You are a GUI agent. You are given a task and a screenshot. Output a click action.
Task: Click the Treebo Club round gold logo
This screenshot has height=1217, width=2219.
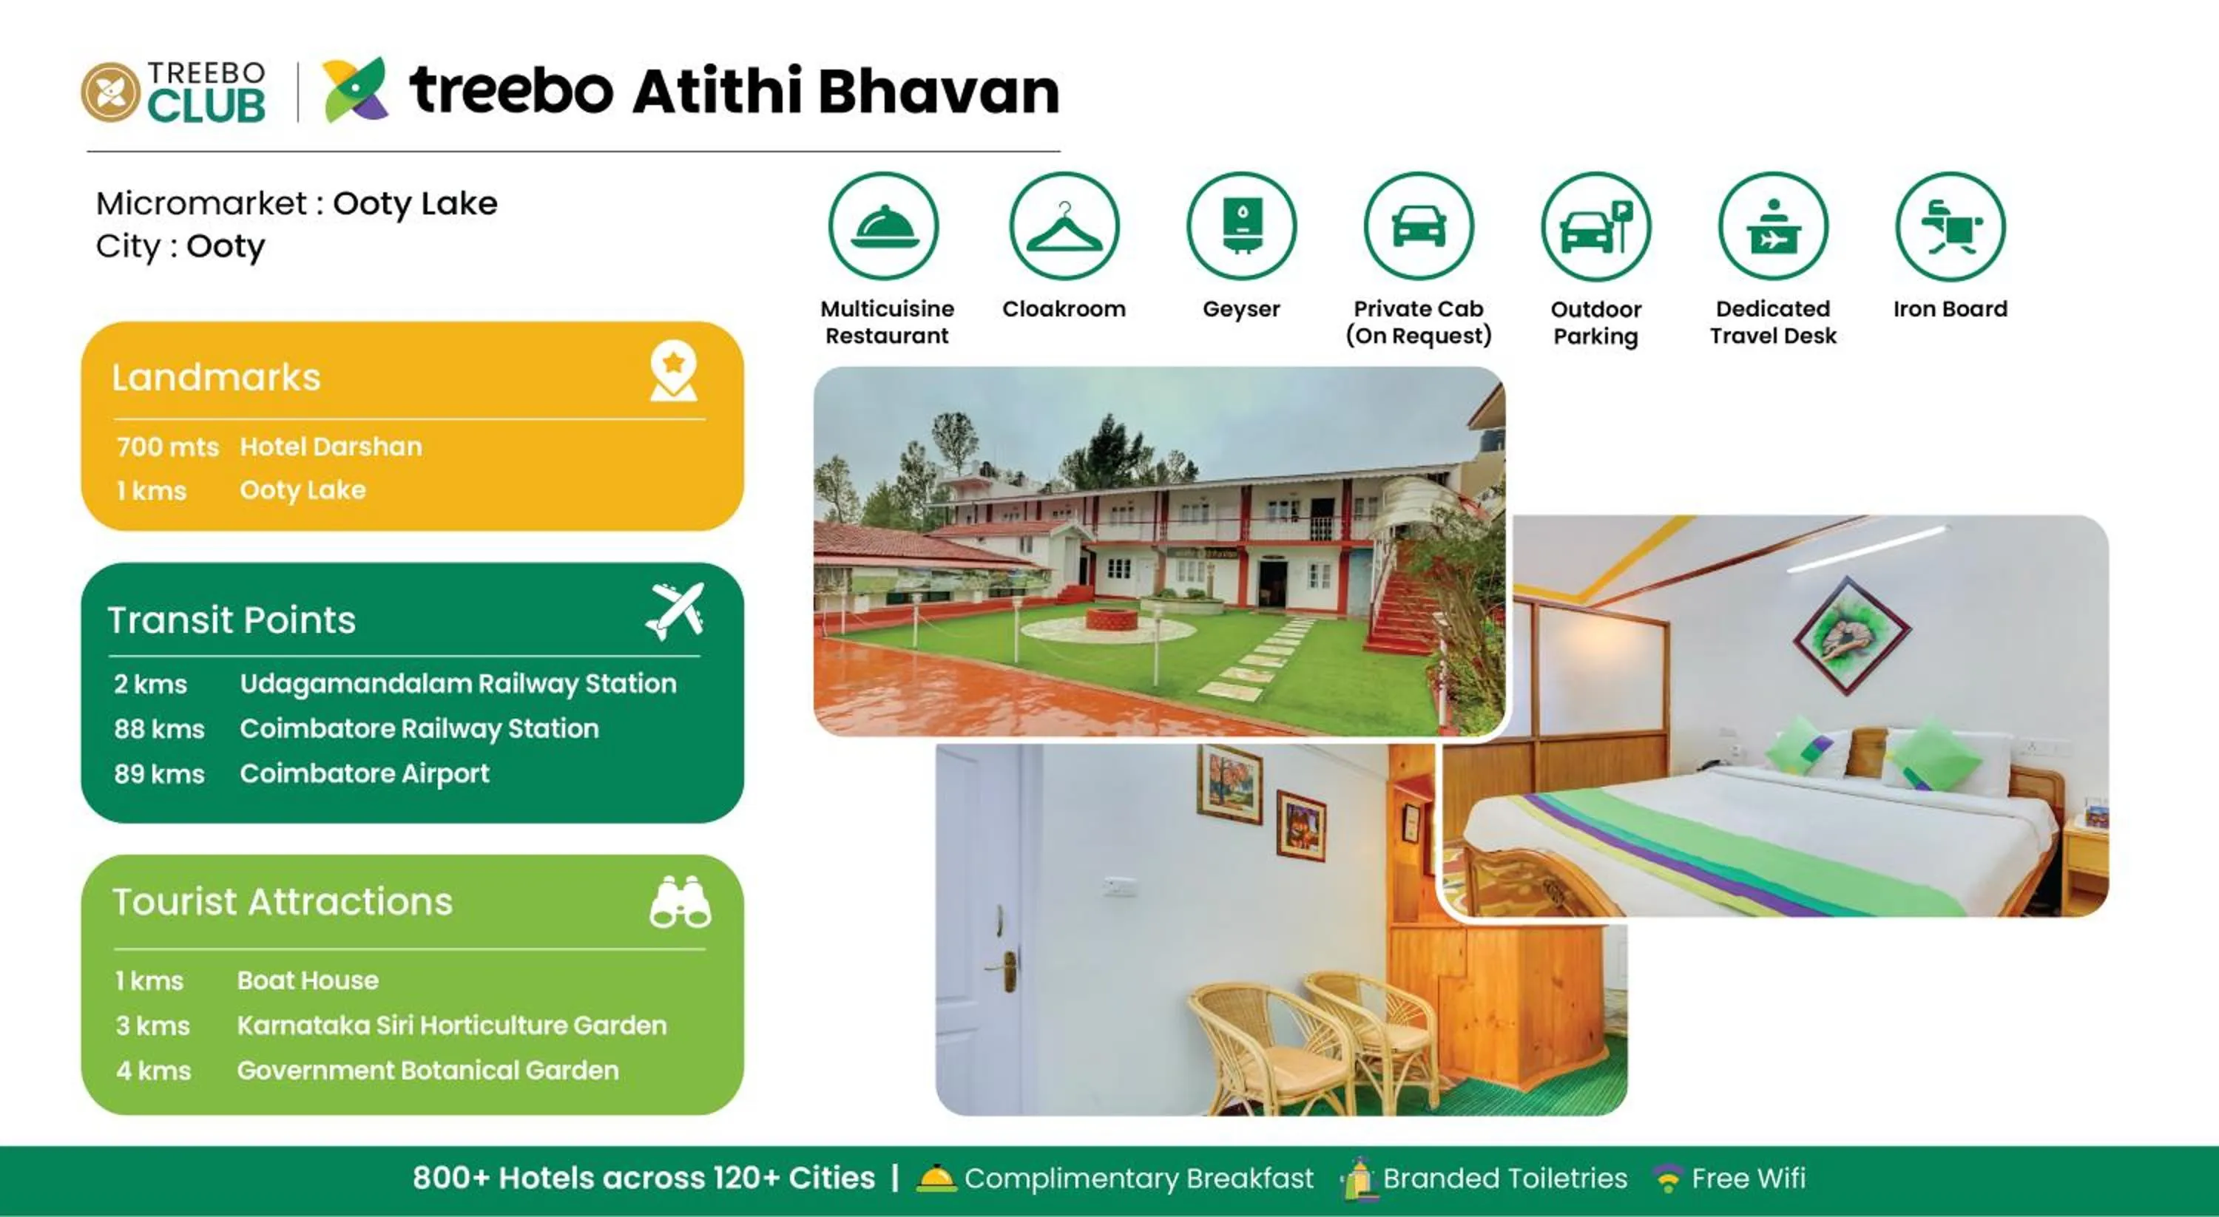coord(110,92)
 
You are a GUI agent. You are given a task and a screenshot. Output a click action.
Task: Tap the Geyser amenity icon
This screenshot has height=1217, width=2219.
coord(1241,226)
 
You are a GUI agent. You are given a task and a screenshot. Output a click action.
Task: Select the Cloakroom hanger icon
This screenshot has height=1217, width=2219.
coord(1064,226)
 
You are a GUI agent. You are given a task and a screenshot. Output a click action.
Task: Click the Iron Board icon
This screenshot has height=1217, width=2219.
coord(1951,226)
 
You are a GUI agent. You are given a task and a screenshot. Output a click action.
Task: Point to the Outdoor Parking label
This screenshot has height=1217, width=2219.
coord(1595,322)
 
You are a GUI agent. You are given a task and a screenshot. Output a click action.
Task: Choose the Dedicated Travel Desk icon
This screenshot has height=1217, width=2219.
coord(1773,226)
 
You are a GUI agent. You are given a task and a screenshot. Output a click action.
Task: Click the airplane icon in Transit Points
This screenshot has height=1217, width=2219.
coord(675,611)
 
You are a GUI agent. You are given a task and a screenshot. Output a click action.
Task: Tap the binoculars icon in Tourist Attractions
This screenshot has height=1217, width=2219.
coord(680,902)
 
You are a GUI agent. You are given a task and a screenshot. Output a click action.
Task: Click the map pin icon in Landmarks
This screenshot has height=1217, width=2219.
coord(674,371)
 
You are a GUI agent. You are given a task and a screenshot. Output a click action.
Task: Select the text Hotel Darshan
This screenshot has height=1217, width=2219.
coord(331,446)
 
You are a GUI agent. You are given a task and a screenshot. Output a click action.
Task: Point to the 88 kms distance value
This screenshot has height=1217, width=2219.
coord(159,729)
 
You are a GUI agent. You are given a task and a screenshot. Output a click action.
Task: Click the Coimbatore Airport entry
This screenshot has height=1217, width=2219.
coord(365,773)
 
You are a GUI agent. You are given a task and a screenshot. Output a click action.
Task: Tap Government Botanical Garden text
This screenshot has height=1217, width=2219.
coord(428,1070)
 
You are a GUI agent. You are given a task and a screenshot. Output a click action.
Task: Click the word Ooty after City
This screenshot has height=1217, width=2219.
coord(226,246)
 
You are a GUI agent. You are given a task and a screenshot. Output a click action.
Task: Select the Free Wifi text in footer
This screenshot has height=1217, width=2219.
coord(1748,1177)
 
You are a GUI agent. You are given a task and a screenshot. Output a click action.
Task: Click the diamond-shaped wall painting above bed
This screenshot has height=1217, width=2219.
coord(1851,635)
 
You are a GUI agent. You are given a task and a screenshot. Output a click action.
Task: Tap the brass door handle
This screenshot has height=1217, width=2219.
coord(1006,969)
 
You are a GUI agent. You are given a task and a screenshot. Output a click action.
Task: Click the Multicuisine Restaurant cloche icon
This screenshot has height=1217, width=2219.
coord(884,226)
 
